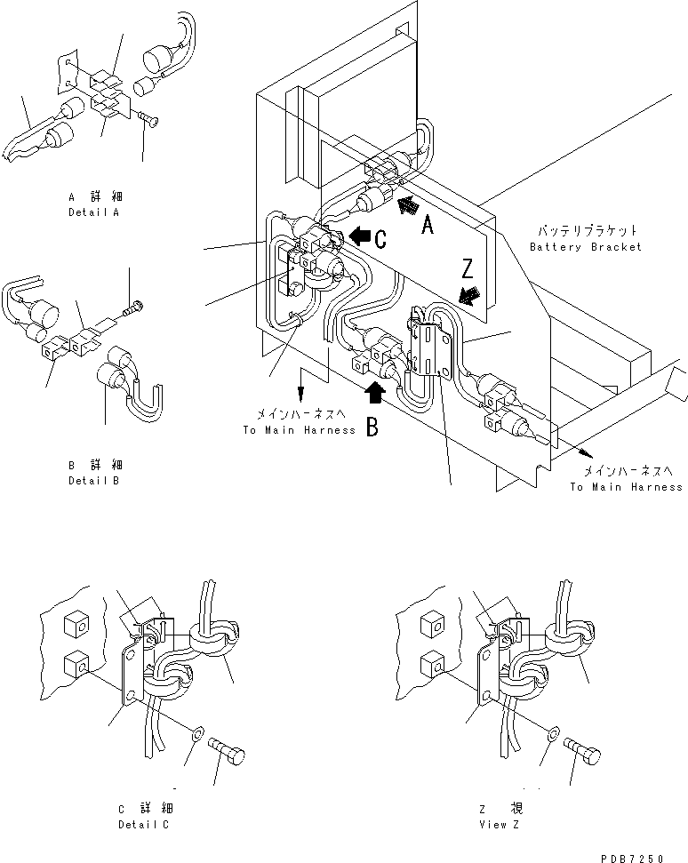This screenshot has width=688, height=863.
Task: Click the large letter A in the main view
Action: tap(427, 227)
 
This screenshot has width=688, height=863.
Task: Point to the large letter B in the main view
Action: tap(372, 429)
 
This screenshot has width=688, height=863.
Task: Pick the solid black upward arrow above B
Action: tap(376, 392)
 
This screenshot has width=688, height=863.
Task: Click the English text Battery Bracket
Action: tap(584, 246)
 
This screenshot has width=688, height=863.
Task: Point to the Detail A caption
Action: tap(93, 213)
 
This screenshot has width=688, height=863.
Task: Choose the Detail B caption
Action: tap(93, 480)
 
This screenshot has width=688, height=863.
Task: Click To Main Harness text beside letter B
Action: tap(299, 430)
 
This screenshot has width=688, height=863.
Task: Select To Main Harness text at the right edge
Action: tap(627, 486)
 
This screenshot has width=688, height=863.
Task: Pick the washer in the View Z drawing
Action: tap(553, 733)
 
